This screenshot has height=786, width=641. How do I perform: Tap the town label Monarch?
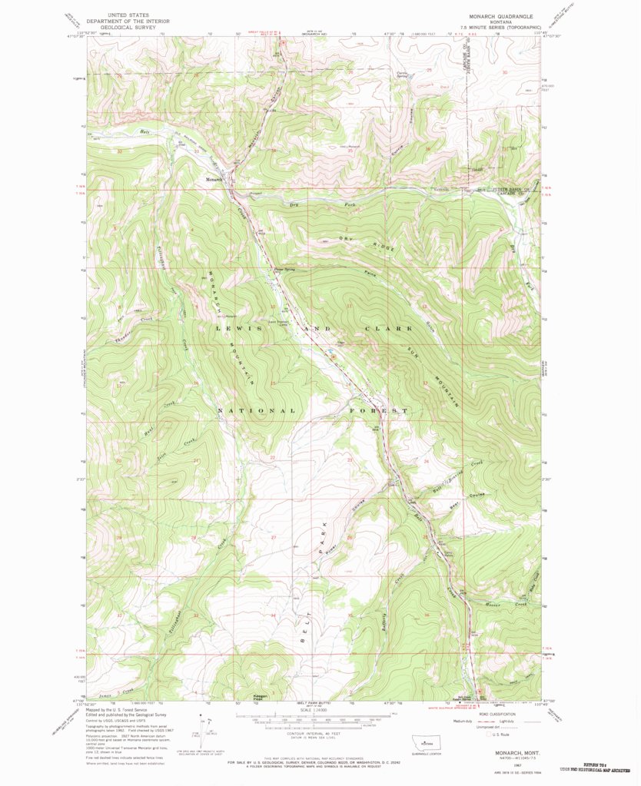click(x=213, y=180)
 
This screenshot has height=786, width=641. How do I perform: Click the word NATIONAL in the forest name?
click(x=257, y=410)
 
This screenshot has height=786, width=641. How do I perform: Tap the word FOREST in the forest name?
click(x=380, y=411)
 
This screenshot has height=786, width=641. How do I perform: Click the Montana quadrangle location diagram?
click(x=422, y=745)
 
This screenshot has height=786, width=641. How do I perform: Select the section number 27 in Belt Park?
click(x=273, y=537)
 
